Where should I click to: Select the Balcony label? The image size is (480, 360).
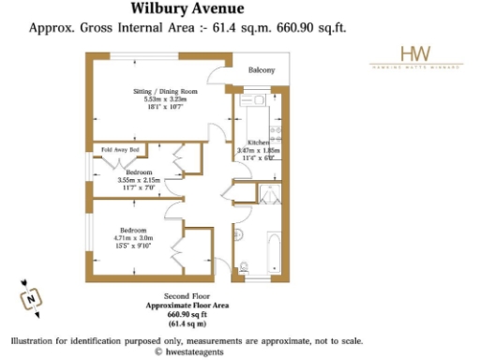(x=262, y=71)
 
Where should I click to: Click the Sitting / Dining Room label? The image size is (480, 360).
(x=158, y=91)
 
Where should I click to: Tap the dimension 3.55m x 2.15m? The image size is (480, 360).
(x=139, y=180)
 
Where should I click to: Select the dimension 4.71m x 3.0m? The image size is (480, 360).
(x=135, y=238)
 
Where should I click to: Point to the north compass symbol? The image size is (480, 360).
(x=32, y=299)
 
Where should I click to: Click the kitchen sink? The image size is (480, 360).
(x=254, y=99)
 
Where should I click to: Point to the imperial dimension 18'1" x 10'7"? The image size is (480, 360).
(x=158, y=107)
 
